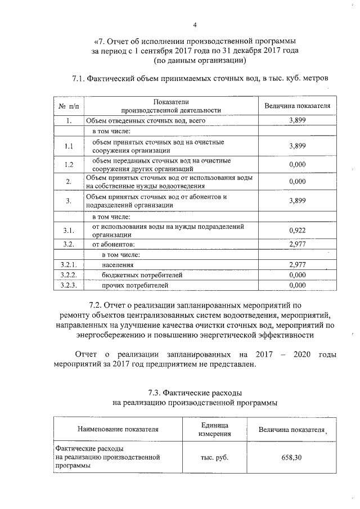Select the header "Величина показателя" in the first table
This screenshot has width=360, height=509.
[x=297, y=106]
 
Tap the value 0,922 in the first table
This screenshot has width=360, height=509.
[x=297, y=231]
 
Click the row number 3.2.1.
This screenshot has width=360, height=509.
[x=68, y=264]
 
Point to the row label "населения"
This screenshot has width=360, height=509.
[x=118, y=264]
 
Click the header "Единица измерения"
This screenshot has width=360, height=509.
[x=214, y=429]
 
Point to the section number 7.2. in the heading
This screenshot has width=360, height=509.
[x=101, y=303]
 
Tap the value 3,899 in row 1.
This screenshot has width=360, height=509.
[x=297, y=120]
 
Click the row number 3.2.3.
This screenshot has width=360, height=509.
[x=68, y=286]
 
